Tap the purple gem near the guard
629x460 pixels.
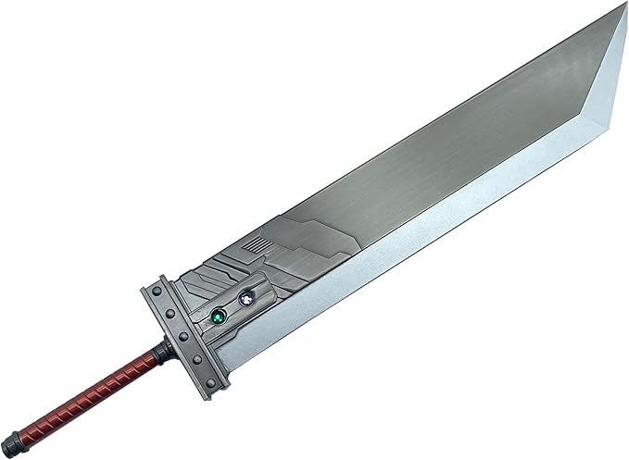[x=246, y=298]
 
